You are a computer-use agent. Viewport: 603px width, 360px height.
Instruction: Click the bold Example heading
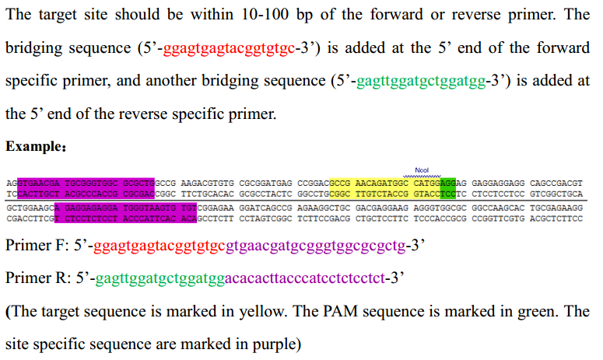pyautogui.click(x=30, y=147)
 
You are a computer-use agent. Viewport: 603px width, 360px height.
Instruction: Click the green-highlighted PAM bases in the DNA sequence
pyautogui.click(x=448, y=187)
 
